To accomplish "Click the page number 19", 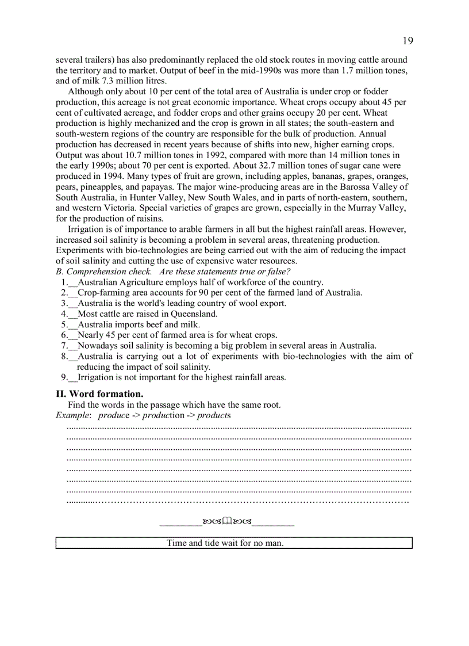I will coord(407,40).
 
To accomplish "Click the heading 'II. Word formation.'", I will coord(99,393).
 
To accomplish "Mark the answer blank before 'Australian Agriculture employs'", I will coord(72,282).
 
